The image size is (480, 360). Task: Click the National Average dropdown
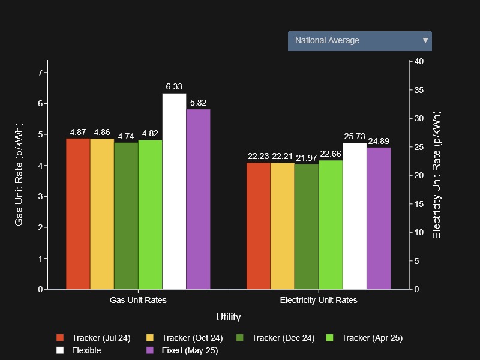click(x=359, y=41)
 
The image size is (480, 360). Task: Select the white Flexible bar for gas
click(x=174, y=191)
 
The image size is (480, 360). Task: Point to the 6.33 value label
click(x=174, y=87)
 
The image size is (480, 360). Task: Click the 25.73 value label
click(x=355, y=137)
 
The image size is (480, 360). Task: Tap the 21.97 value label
click(x=307, y=158)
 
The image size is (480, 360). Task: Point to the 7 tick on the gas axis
click(x=40, y=73)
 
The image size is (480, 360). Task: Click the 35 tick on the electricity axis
click(x=419, y=90)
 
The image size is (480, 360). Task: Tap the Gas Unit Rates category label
click(x=138, y=300)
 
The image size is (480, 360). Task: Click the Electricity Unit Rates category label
click(x=319, y=300)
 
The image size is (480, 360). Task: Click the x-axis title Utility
click(x=228, y=317)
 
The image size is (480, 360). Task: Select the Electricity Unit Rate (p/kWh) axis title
click(x=436, y=175)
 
